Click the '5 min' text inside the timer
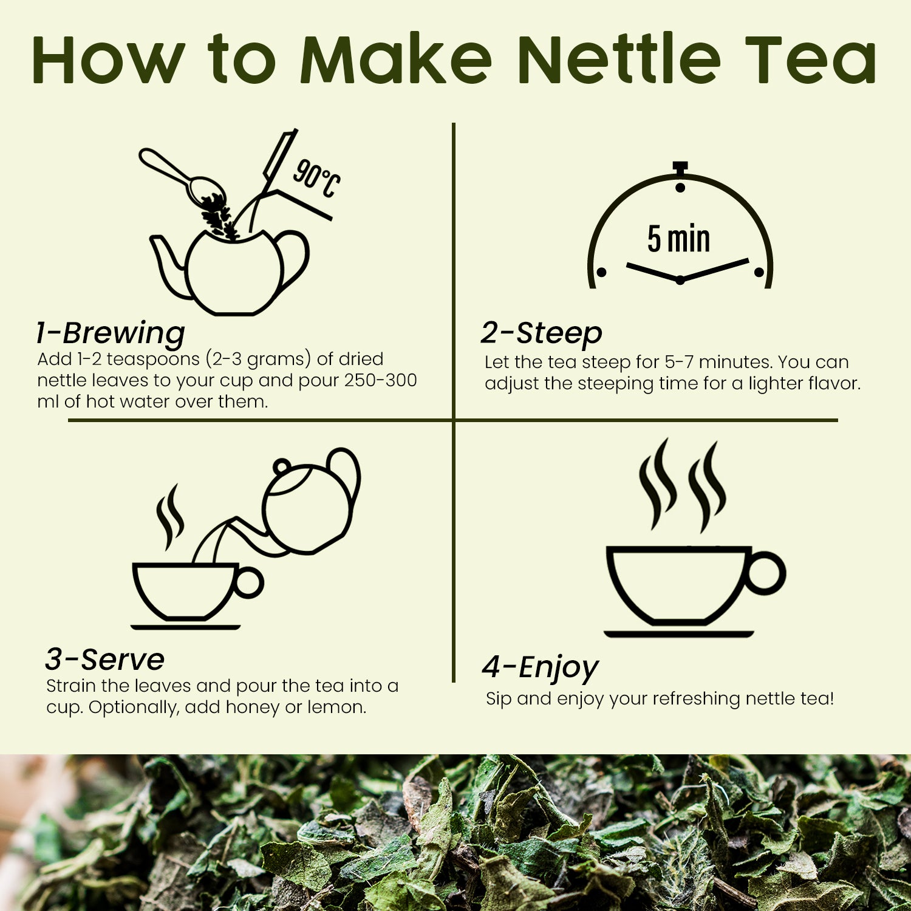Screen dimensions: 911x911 pyautogui.click(x=678, y=239)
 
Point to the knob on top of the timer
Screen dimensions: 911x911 pyautogui.click(x=680, y=167)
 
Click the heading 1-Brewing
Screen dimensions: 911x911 pyautogui.click(x=111, y=333)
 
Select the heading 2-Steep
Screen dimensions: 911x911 pyautogui.click(x=541, y=333)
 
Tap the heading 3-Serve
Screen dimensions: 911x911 pyautogui.click(x=105, y=660)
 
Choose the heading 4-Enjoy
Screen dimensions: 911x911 pyautogui.click(x=540, y=667)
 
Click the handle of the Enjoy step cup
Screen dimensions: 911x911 pyautogui.click(x=766, y=573)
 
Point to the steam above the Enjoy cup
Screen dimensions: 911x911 pyautogui.click(x=681, y=486)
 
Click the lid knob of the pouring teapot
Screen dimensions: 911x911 pyautogui.click(x=281, y=467)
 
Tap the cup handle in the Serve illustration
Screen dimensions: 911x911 pyautogui.click(x=249, y=582)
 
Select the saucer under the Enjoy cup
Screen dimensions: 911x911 pyautogui.click(x=678, y=634)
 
